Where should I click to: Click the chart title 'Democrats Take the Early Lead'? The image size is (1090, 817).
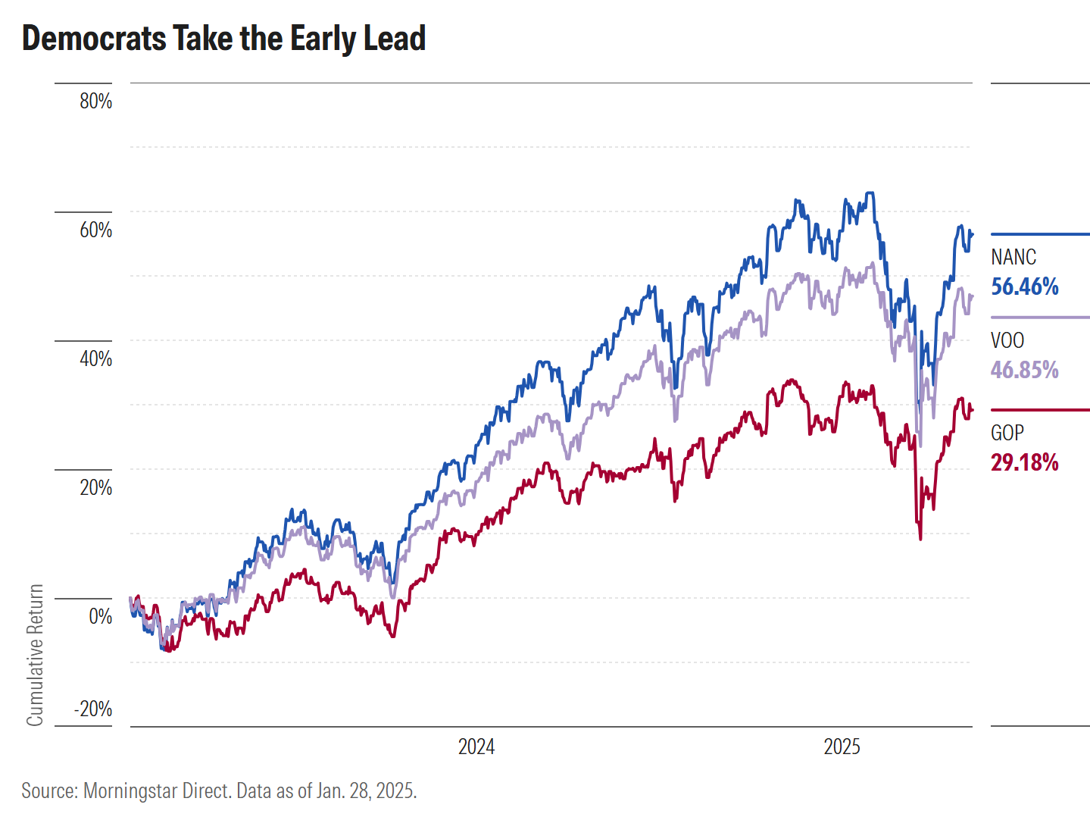(x=224, y=38)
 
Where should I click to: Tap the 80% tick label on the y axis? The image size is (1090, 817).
(x=96, y=102)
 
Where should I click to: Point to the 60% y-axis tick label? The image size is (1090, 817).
(x=96, y=230)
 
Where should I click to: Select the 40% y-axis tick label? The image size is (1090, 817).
(x=96, y=358)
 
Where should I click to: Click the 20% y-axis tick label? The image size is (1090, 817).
(x=96, y=488)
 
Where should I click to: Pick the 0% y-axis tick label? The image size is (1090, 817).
(x=101, y=616)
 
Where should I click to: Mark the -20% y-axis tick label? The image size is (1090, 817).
(x=93, y=709)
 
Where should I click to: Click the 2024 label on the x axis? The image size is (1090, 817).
(x=476, y=747)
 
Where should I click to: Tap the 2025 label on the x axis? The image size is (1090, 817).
(x=842, y=747)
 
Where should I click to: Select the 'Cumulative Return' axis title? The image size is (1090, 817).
(x=35, y=655)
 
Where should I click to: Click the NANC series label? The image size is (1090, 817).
(x=1013, y=257)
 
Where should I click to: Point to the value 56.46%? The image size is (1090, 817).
(x=1024, y=287)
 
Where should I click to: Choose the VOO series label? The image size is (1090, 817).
(x=1007, y=341)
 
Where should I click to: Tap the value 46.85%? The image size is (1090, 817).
(x=1024, y=370)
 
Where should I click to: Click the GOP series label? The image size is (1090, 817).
(x=1007, y=433)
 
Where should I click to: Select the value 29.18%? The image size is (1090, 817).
(x=1024, y=462)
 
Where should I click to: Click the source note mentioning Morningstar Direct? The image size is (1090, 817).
(x=219, y=790)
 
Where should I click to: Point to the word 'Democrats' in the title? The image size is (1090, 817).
(x=95, y=38)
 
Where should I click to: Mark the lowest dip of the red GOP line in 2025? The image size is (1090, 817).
(x=920, y=540)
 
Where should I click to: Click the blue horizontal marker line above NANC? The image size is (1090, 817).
(x=1040, y=234)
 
